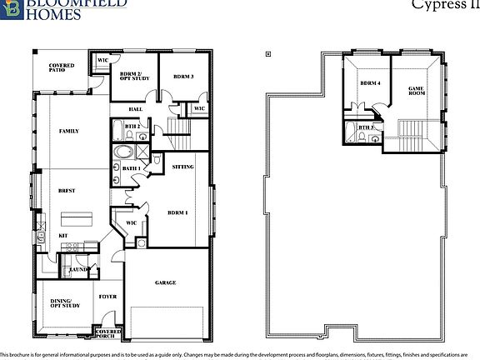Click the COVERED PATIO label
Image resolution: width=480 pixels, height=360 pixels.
(x=61, y=67)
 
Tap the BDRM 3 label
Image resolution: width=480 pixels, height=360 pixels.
(x=183, y=76)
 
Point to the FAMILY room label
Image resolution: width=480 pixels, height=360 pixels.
(x=68, y=132)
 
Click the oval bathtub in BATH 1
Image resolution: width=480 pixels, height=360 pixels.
(x=124, y=152)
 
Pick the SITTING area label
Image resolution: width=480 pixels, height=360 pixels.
(x=182, y=167)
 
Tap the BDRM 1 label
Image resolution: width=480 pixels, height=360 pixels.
(x=177, y=212)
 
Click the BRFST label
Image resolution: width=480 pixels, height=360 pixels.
(x=67, y=191)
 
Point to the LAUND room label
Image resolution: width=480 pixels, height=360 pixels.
(x=80, y=270)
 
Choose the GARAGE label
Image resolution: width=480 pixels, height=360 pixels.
(x=165, y=282)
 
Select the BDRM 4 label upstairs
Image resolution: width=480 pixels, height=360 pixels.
(x=370, y=83)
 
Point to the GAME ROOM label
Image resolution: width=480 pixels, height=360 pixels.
(x=417, y=90)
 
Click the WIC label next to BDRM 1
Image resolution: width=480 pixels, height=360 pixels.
(x=131, y=223)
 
